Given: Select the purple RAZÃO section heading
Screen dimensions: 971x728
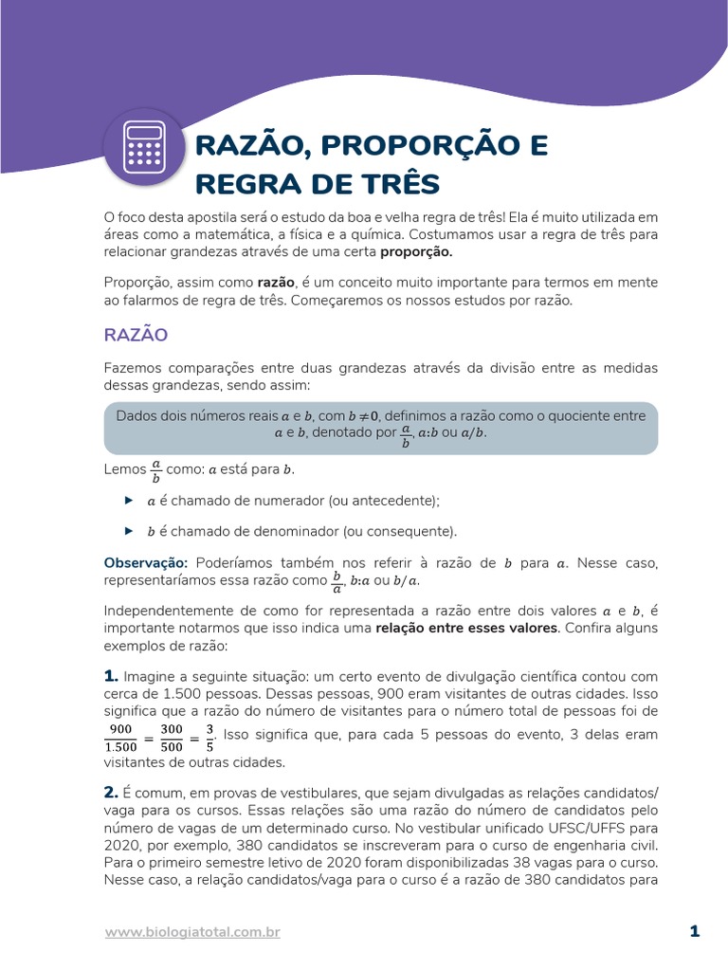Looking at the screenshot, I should click(136, 335).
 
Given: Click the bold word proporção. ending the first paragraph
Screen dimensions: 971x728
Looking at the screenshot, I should click(417, 252).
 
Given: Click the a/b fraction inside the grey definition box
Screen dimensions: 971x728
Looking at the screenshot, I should click(406, 434).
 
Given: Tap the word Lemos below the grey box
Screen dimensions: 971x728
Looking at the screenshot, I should click(124, 469).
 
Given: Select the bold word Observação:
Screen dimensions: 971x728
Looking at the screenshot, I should click(146, 563).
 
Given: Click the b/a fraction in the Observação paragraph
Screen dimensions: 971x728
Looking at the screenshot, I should click(337, 580).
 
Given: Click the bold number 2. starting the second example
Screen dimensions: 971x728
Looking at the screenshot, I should click(110, 792).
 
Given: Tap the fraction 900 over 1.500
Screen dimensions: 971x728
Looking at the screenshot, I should click(120, 736).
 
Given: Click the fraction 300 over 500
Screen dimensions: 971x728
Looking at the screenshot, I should click(172, 736).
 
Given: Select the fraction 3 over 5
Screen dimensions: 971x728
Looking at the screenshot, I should click(209, 736).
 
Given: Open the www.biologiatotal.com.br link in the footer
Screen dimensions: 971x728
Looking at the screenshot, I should click(192, 932).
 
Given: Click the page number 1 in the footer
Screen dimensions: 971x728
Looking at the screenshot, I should click(695, 931).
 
